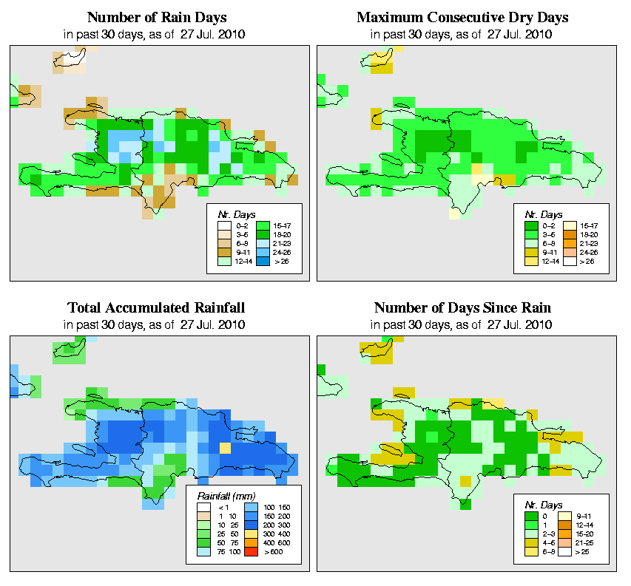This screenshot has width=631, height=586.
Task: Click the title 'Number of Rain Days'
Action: [158, 17]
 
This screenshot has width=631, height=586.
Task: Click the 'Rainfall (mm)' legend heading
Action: [222, 495]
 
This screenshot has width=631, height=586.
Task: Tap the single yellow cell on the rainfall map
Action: [226, 447]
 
